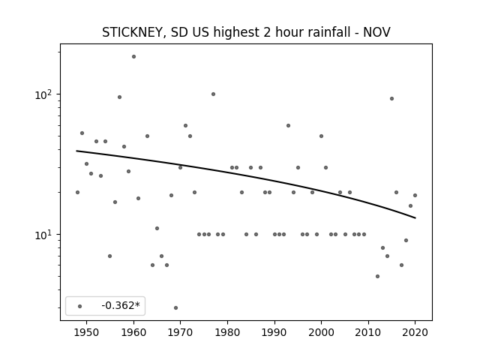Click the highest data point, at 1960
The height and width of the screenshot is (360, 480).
click(x=133, y=57)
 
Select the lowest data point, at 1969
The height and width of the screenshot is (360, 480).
click(x=175, y=307)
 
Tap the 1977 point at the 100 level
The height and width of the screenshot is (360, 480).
click(x=213, y=94)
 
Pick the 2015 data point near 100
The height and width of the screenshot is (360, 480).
click(x=391, y=98)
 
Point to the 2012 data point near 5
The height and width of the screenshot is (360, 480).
click(x=377, y=276)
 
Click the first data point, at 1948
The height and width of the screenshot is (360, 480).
click(x=77, y=192)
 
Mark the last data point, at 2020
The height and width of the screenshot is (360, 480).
click(x=415, y=195)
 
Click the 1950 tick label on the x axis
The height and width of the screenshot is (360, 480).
click(x=87, y=332)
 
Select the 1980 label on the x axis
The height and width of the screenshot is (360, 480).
click(x=227, y=332)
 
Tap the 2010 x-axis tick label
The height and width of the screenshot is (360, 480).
click(x=368, y=332)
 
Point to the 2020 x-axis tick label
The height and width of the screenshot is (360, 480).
click(x=415, y=332)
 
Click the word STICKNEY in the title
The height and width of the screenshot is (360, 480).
click(x=134, y=32)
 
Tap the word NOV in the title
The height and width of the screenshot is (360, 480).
click(x=376, y=31)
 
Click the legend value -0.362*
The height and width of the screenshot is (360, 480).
click(x=121, y=305)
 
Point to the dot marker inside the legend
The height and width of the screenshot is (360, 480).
click(x=79, y=306)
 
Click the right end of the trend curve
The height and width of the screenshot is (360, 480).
click(x=415, y=218)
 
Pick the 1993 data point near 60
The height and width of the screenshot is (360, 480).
click(x=288, y=125)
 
